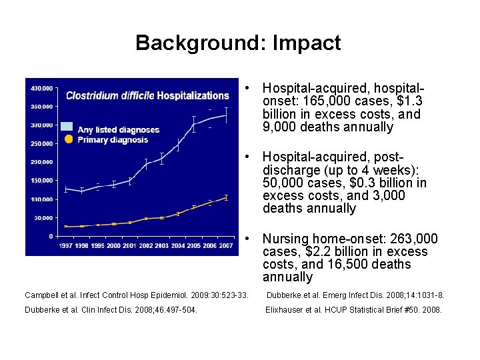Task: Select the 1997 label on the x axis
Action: tap(65, 246)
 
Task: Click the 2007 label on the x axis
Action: tap(226, 246)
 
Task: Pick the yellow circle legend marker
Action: tap(68, 139)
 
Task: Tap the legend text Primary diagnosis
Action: tap(113, 140)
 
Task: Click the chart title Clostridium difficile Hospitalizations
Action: tap(147, 95)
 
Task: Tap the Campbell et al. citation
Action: tap(136, 295)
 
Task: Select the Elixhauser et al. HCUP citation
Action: tap(353, 309)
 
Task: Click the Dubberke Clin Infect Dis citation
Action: tap(111, 309)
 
